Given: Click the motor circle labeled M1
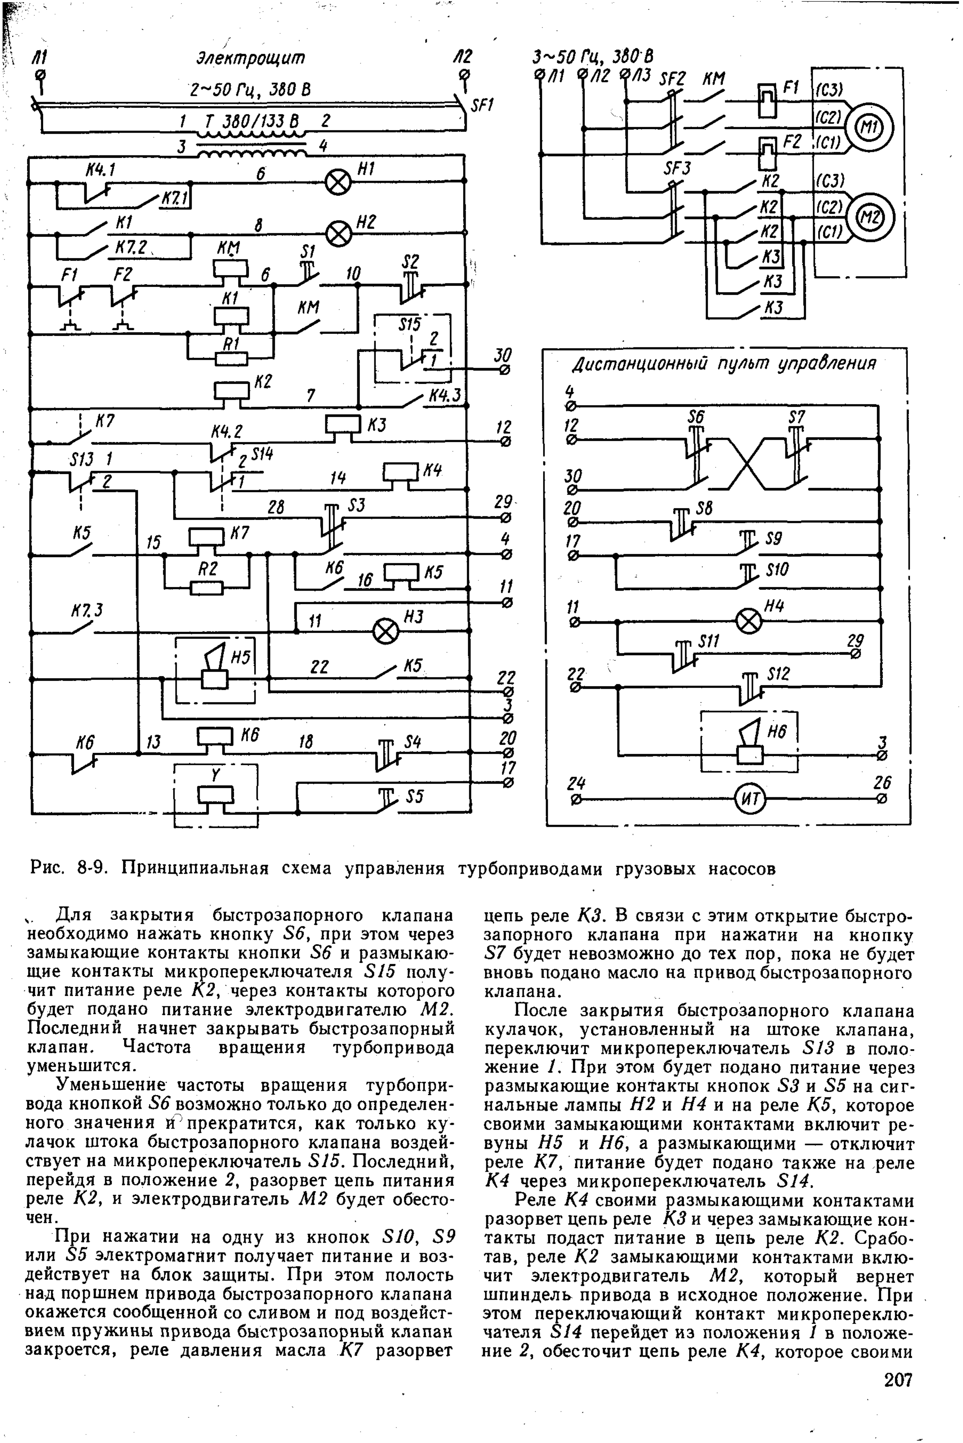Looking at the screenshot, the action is [x=868, y=127].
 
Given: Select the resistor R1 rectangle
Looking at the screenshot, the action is [x=231, y=358].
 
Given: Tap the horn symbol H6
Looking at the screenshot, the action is [x=750, y=743].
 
